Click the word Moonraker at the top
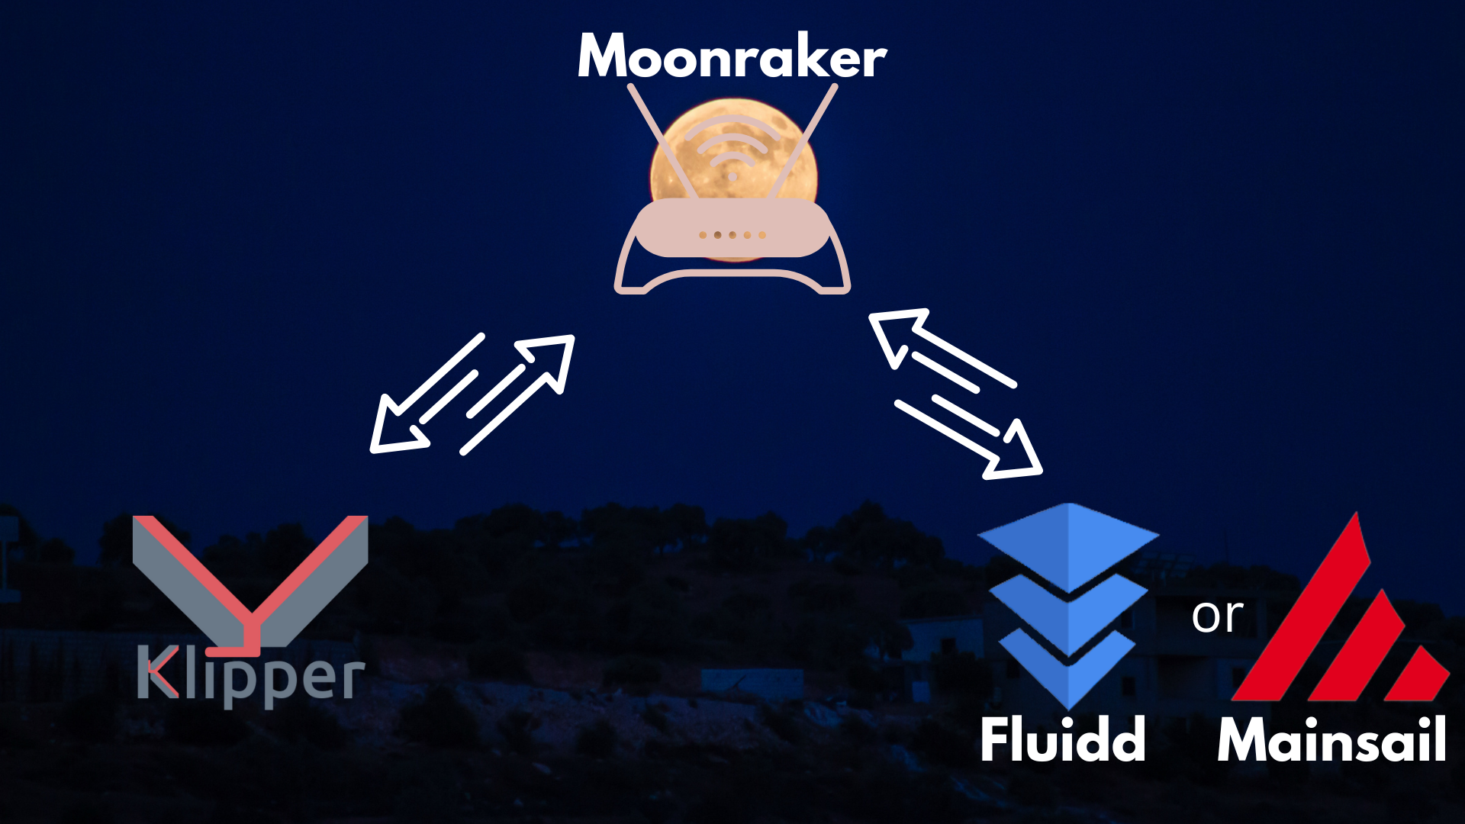732,57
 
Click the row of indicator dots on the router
732,235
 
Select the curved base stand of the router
732,279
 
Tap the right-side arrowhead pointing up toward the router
897,333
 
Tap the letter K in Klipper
157,671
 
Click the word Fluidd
1063,739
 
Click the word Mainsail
1331,739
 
